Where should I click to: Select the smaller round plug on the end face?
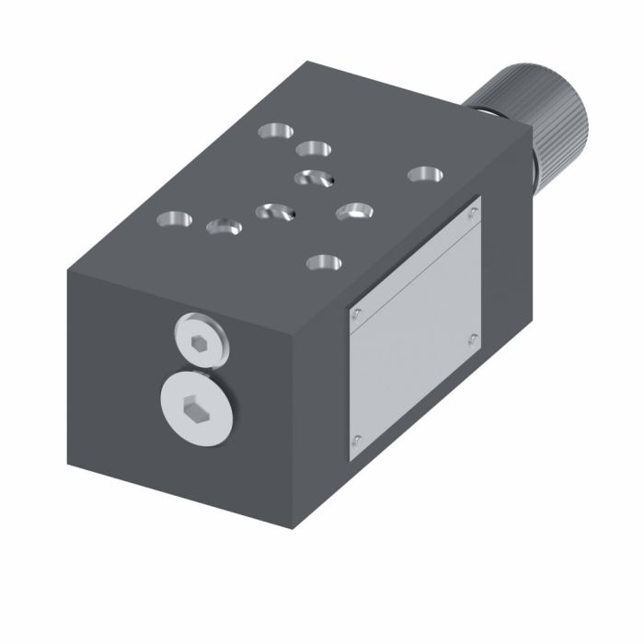(201, 339)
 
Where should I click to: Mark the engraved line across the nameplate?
(414, 276)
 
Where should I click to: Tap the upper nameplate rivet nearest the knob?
(473, 213)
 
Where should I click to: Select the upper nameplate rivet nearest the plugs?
(358, 313)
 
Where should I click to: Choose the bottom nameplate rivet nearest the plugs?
(358, 439)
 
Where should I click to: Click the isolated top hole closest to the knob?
(423, 173)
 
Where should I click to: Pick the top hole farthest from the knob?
(173, 219)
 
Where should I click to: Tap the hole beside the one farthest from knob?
(223, 225)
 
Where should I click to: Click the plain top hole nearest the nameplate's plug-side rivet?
(323, 262)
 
